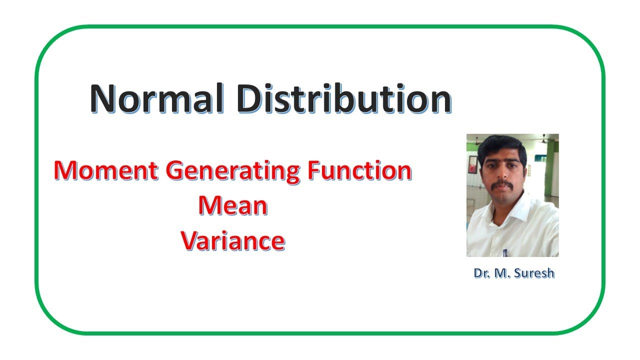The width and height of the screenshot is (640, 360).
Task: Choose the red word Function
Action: (x=358, y=171)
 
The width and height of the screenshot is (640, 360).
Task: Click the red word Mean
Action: (x=232, y=205)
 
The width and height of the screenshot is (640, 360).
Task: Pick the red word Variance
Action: (x=232, y=241)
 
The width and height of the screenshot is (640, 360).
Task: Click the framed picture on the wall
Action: (x=472, y=165)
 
